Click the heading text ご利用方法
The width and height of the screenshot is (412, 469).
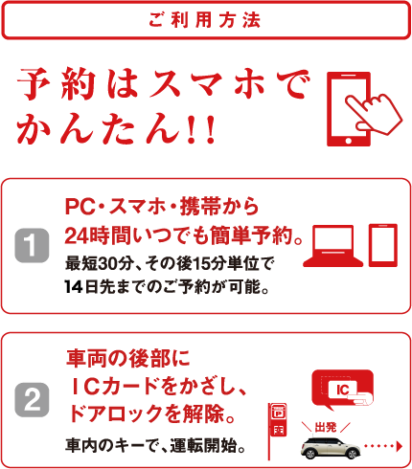click(x=205, y=20)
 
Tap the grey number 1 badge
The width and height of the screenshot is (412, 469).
click(x=32, y=245)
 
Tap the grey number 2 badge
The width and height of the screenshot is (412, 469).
click(x=32, y=400)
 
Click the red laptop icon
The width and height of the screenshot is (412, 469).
click(x=332, y=246)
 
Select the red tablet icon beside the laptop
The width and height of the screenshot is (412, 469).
click(x=383, y=245)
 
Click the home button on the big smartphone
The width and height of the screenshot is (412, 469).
click(x=349, y=141)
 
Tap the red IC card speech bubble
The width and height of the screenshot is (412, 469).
click(x=342, y=390)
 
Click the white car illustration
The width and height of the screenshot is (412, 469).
click(x=331, y=447)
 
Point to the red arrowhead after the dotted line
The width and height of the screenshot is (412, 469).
click(x=399, y=446)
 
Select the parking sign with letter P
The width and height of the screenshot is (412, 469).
click(x=278, y=413)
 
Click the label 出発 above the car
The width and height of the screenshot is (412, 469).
click(x=326, y=428)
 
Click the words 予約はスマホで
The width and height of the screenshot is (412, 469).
click(x=164, y=84)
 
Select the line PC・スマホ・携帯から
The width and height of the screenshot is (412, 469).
click(x=162, y=207)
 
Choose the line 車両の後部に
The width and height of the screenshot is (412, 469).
click(x=128, y=358)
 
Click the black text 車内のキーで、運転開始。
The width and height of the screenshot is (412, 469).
click(x=155, y=446)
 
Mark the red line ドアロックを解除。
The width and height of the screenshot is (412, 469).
click(x=152, y=413)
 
